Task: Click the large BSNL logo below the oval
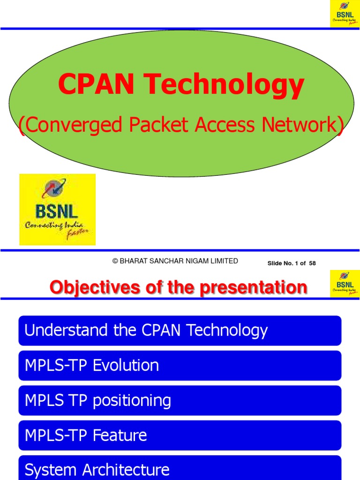click(x=57, y=210)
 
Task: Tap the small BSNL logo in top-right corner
click(x=345, y=14)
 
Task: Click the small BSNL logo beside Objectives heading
click(x=345, y=283)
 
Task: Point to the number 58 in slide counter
click(x=312, y=263)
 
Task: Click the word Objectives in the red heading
click(x=94, y=287)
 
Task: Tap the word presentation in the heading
click(x=253, y=287)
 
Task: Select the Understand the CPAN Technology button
click(x=180, y=330)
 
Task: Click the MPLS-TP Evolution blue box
click(x=180, y=365)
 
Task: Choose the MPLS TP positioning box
click(x=180, y=400)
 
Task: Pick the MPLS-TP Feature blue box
click(x=180, y=435)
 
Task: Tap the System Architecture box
click(x=180, y=469)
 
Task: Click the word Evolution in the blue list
click(x=126, y=365)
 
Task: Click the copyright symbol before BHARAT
click(x=115, y=261)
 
